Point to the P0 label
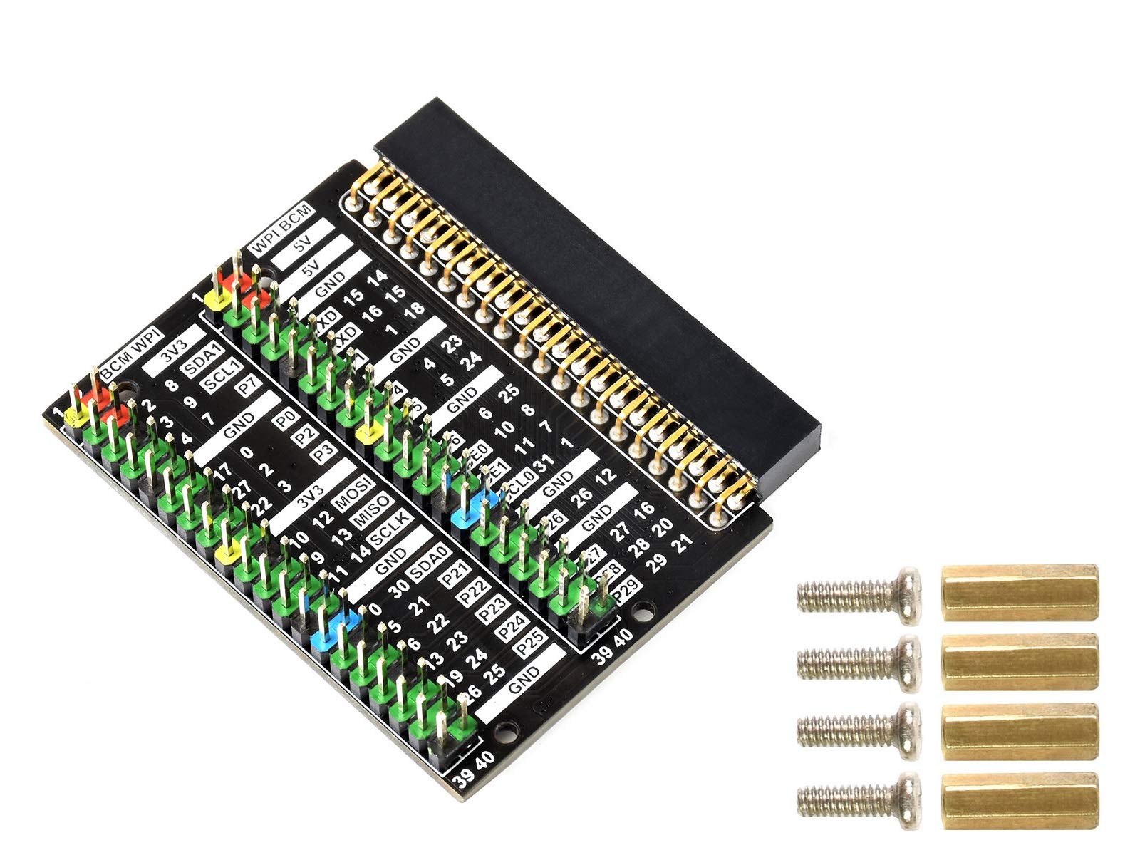pos(285,422)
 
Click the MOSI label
pos(356,489)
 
